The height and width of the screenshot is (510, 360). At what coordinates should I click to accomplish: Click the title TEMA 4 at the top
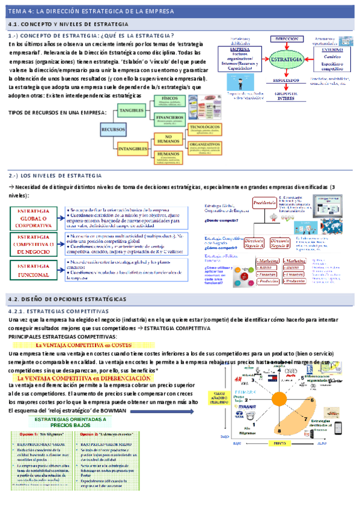[x=90, y=11]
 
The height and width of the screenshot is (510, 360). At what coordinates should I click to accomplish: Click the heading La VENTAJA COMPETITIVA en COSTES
[x=91, y=345]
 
